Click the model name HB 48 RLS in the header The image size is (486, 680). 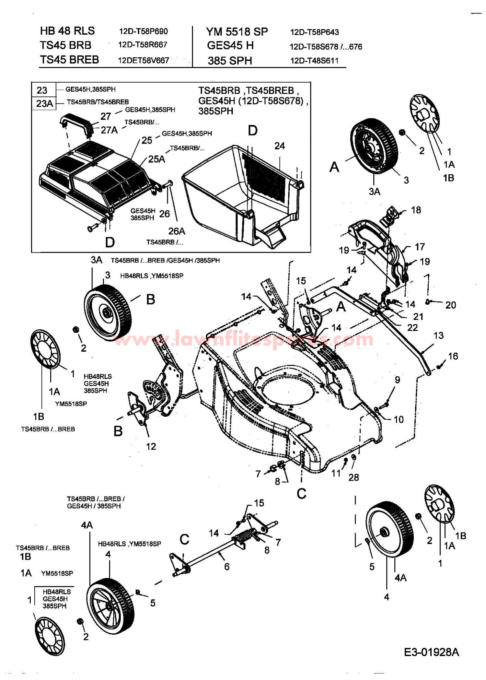pyautogui.click(x=67, y=31)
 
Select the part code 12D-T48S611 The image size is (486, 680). pyautogui.click(x=314, y=61)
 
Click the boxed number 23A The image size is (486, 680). pyautogui.click(x=44, y=104)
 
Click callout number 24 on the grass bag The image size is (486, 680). pyautogui.click(x=280, y=146)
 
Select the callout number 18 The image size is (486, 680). pyautogui.click(x=416, y=210)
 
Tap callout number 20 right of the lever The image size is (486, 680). pyautogui.click(x=450, y=305)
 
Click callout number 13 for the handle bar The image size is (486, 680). pyautogui.click(x=438, y=335)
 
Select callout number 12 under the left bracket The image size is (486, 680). pyautogui.click(x=151, y=446)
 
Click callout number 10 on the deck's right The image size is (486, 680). pyautogui.click(x=399, y=419)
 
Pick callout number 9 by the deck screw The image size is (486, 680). pyautogui.click(x=397, y=380)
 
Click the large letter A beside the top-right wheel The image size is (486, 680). pyautogui.click(x=334, y=167)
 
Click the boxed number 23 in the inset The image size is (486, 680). pyautogui.click(x=42, y=90)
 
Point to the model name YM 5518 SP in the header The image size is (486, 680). pyautogui.click(x=237, y=31)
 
